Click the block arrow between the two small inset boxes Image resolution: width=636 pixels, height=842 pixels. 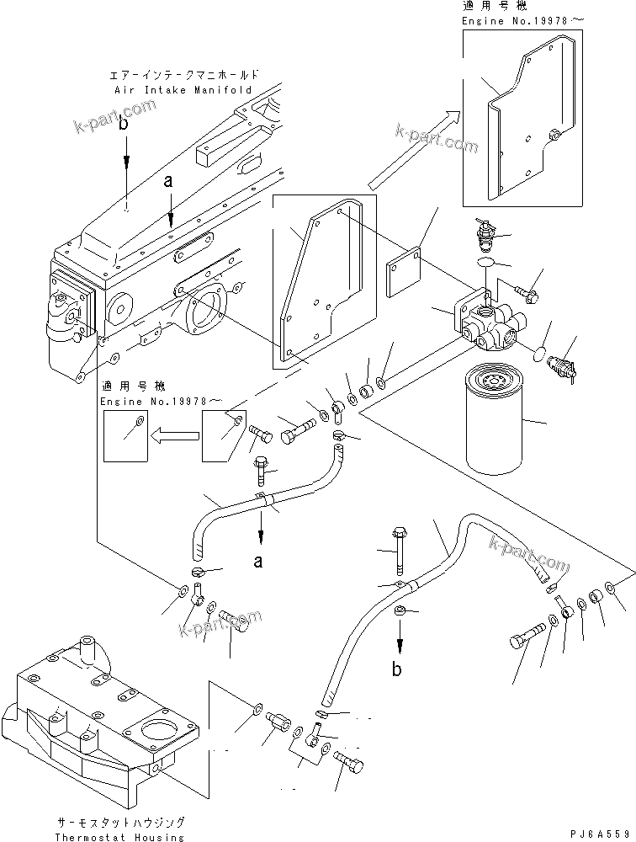click(174, 434)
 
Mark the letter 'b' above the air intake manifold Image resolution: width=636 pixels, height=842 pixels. click(125, 124)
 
